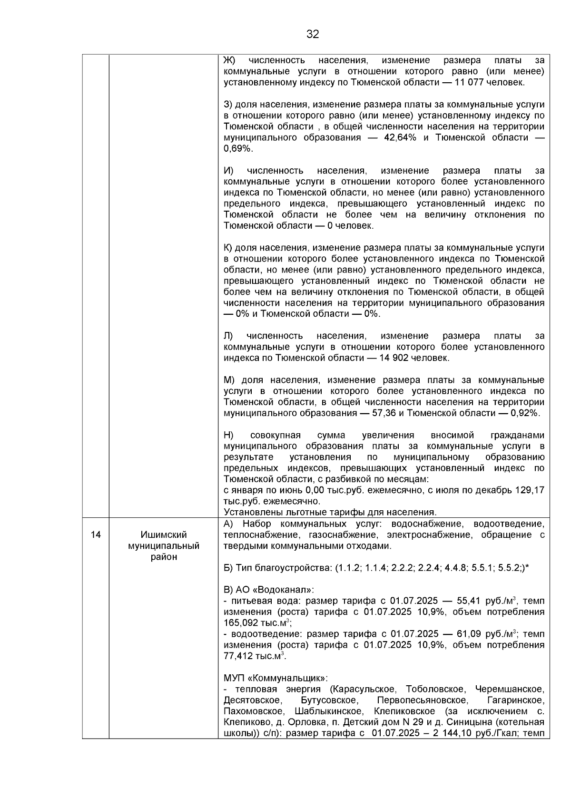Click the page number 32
click(x=313, y=34)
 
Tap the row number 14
click(x=96, y=535)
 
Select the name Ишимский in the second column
click(x=164, y=535)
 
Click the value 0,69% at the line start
click(x=238, y=148)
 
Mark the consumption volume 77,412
click(x=238, y=656)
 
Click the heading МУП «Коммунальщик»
click(x=276, y=678)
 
